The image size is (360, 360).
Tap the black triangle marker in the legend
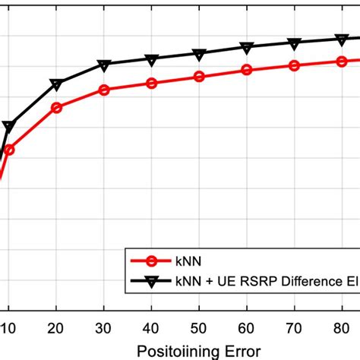(x=152, y=280)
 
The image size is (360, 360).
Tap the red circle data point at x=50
(x=199, y=77)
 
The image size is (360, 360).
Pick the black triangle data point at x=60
(x=247, y=48)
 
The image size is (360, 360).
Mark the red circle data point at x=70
(x=295, y=65)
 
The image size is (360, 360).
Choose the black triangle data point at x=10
(x=8, y=127)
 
